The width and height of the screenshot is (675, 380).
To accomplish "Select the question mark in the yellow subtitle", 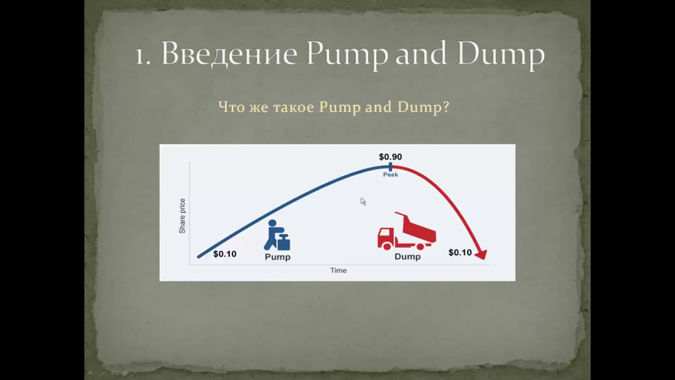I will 446,107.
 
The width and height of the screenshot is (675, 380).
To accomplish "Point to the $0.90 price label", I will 390,157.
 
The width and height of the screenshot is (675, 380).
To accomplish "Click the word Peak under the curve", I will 390,175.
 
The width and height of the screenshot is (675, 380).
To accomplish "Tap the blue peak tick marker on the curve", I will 390,167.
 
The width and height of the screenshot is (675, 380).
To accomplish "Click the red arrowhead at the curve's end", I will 480,255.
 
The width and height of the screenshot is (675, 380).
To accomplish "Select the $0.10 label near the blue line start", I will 225,254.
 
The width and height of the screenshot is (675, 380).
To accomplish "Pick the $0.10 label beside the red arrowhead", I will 460,252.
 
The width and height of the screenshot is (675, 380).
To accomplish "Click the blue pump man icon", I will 277,235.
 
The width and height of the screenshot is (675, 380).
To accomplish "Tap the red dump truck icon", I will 407,232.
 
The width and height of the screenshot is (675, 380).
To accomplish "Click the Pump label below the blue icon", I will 277,257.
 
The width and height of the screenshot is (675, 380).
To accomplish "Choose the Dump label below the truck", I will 408,256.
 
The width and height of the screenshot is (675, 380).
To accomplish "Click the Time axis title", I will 339,270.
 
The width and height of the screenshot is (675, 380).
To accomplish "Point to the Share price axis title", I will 182,216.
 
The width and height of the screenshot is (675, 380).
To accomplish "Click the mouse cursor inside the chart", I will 363,201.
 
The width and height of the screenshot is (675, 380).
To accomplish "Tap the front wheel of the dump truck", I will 387,245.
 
